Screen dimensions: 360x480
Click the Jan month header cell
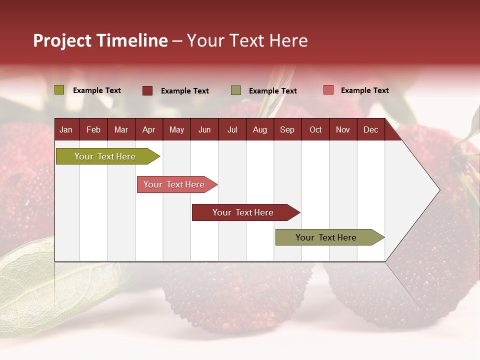coord(66,129)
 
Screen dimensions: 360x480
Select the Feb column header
coord(93,129)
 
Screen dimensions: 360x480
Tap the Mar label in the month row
coord(121,129)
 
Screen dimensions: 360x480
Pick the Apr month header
coord(148,129)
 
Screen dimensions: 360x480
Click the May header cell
coord(176,129)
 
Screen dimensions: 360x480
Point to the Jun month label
coord(204,129)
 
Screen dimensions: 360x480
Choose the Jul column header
coord(232,129)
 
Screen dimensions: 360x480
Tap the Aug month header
coord(259,129)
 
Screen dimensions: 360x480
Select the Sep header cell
coord(287,129)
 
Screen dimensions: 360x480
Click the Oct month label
coord(315,129)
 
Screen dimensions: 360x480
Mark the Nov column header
coord(343,129)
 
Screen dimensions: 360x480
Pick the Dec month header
coord(370,129)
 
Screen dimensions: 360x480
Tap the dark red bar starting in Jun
coord(243,212)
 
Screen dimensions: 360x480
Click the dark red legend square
coord(147,90)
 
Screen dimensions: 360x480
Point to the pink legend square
coord(328,90)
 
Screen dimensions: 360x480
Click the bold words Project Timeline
coord(100,40)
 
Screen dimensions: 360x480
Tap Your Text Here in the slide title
coord(247,40)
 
